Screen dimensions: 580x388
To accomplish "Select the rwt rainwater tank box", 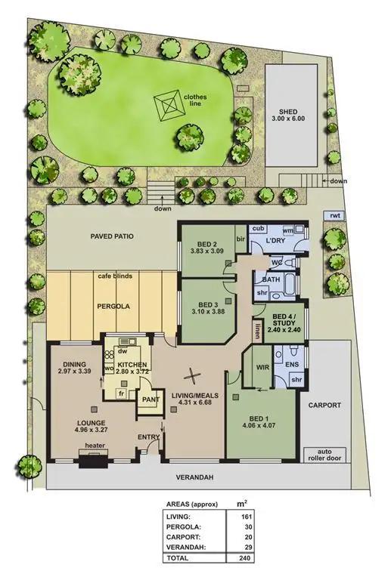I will coord(334,216).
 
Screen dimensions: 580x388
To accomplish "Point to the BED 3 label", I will coord(204,304).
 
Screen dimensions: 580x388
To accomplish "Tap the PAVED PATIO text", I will coord(111,236).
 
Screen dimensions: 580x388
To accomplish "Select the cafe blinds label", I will coord(115,276).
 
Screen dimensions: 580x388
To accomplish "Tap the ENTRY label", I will coord(149,437).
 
